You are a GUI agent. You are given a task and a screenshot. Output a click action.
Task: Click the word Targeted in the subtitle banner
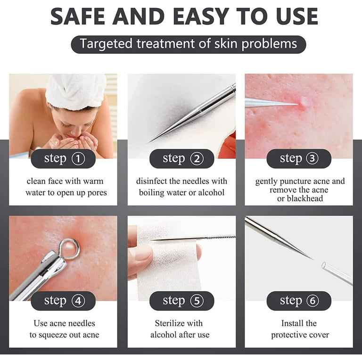click(x=106, y=44)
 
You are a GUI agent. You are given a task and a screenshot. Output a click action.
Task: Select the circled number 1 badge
click(x=78, y=158)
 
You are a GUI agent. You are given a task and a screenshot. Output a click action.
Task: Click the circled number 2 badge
click(x=197, y=158)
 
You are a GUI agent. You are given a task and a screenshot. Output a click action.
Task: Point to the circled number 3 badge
click(x=312, y=158)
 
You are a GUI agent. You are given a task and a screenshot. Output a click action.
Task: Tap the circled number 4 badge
click(x=78, y=301)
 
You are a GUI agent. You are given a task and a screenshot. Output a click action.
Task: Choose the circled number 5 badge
click(x=197, y=301)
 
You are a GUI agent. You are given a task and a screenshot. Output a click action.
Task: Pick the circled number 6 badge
click(x=312, y=301)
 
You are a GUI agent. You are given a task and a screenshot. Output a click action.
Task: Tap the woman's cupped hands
click(x=74, y=142)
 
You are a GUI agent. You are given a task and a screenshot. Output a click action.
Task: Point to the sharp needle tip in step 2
click(x=149, y=142)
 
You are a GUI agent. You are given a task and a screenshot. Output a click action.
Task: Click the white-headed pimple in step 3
click(x=303, y=102)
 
